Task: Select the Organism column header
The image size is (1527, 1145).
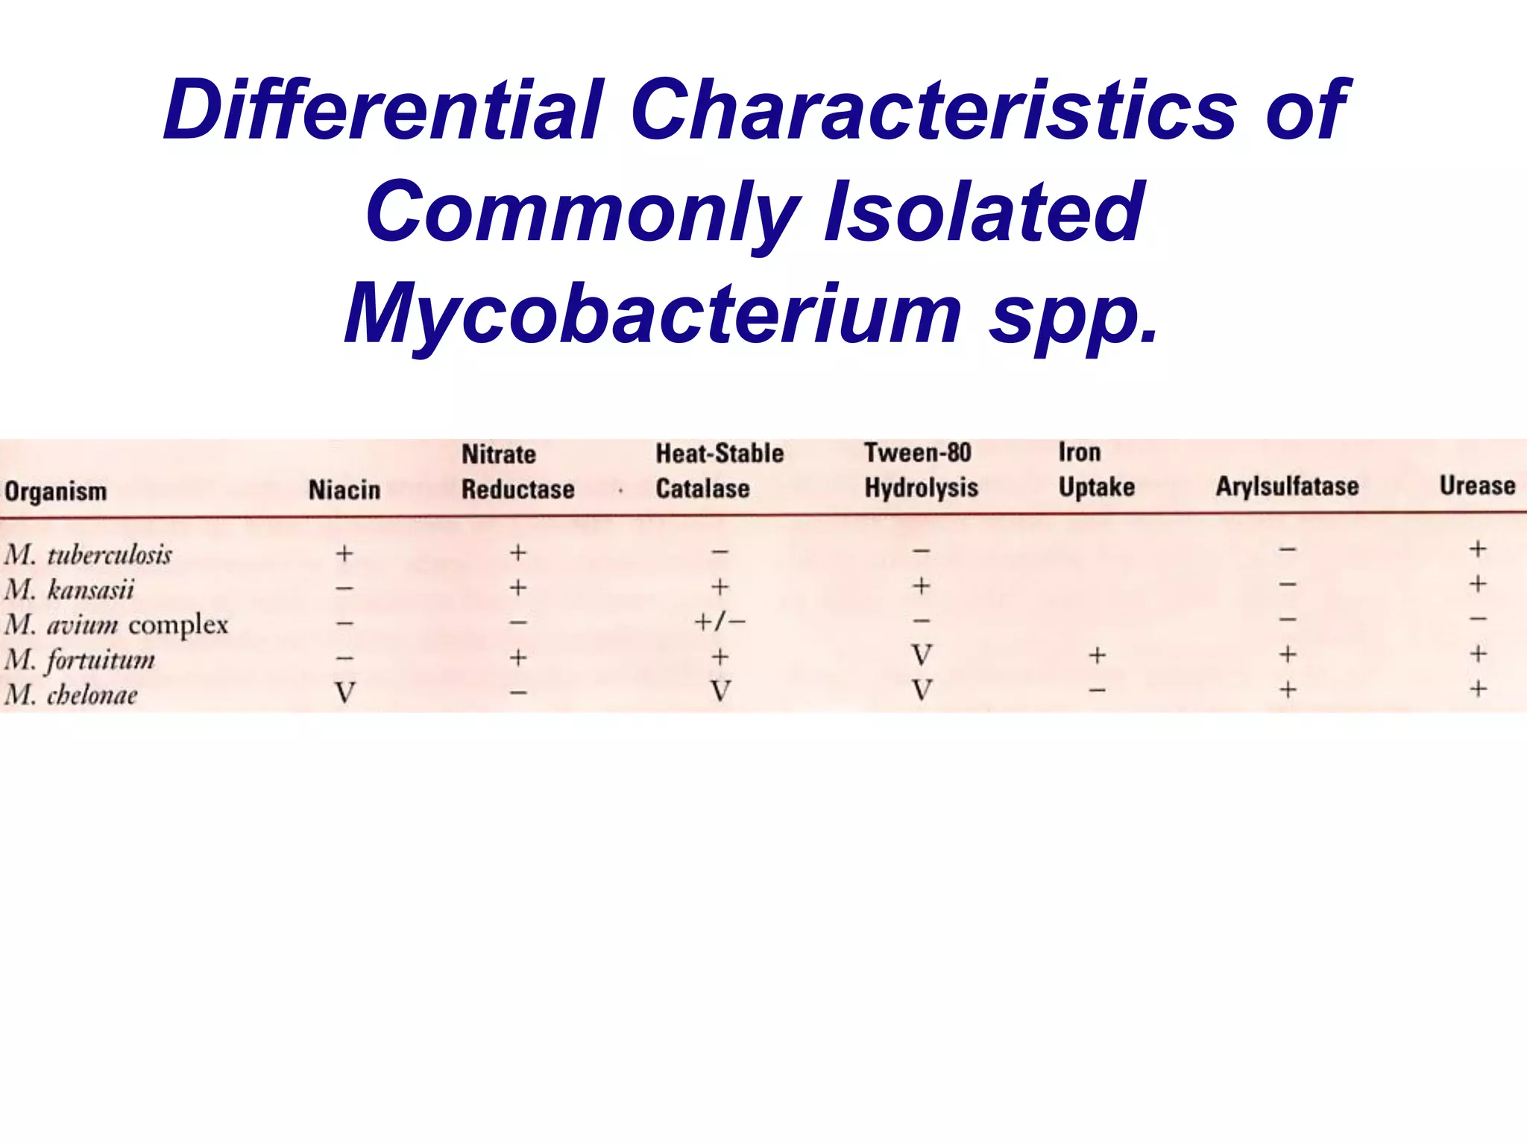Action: click(56, 491)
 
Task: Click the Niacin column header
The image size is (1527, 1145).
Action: click(344, 490)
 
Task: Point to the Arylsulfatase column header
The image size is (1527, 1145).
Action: click(1287, 486)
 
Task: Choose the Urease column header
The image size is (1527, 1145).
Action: click(1477, 485)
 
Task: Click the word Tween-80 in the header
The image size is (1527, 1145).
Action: click(917, 452)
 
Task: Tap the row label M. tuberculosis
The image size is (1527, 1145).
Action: click(88, 555)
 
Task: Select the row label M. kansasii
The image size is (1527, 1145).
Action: click(69, 590)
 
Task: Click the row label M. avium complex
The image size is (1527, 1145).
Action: click(116, 625)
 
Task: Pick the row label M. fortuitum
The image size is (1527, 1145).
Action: click(80, 660)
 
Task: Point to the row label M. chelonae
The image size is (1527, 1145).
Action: click(72, 695)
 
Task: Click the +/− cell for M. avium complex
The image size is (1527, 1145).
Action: click(720, 621)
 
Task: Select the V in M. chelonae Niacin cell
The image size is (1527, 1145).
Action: click(344, 693)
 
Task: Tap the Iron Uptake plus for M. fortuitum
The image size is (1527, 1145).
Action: click(1097, 655)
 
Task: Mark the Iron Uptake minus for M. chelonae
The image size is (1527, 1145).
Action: click(1097, 690)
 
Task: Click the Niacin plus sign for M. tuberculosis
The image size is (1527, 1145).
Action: click(344, 553)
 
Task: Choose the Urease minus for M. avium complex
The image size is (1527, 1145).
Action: click(1478, 618)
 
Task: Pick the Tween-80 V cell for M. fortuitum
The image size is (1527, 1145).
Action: click(922, 655)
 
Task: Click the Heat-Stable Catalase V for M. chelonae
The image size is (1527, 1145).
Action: click(720, 691)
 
